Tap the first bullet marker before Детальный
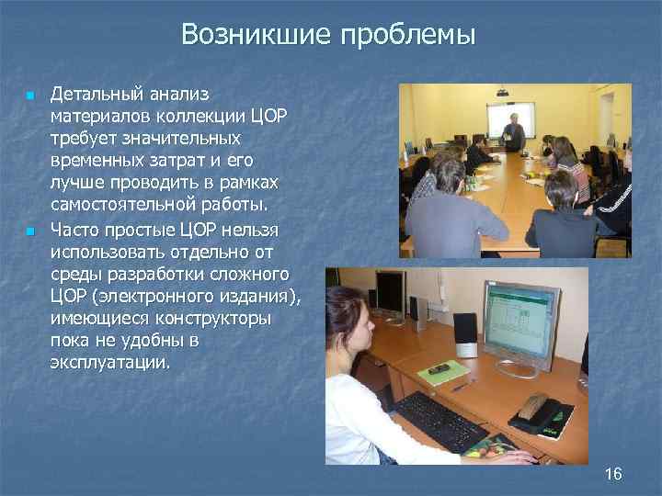point(29,96)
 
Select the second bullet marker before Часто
point(29,230)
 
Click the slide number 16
point(613,474)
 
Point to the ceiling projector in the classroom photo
point(502,92)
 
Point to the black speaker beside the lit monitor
point(465,334)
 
